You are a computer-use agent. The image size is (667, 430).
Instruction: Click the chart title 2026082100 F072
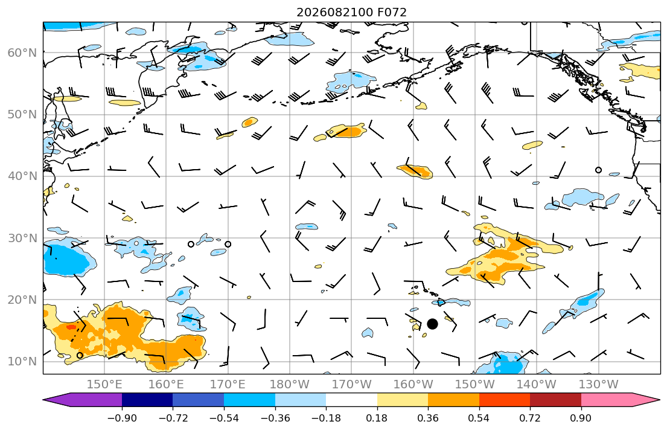[x=351, y=12]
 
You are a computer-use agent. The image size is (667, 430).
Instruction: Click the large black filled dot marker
[x=432, y=324]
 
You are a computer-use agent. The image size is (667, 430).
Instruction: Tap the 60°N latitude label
[x=22, y=53]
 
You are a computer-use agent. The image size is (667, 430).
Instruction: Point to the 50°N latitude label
[x=22, y=115]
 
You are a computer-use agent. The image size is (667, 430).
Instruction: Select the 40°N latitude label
[x=22, y=176]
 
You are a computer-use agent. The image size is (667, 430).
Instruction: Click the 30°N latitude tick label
[x=22, y=238]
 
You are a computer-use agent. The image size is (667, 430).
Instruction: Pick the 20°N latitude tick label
[x=22, y=300]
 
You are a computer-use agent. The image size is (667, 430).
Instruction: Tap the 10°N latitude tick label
[x=22, y=362]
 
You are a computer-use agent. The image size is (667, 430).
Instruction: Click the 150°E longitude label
[x=104, y=385]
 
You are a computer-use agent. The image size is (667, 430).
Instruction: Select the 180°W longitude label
[x=290, y=385]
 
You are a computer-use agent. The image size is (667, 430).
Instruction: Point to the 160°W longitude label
[x=413, y=385]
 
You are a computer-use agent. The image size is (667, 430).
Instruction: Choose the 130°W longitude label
[x=598, y=385]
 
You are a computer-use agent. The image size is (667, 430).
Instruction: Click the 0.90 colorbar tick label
[x=581, y=418]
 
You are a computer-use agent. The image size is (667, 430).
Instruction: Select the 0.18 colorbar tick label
[x=377, y=418]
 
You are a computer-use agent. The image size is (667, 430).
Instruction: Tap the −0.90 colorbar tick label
[x=122, y=418]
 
